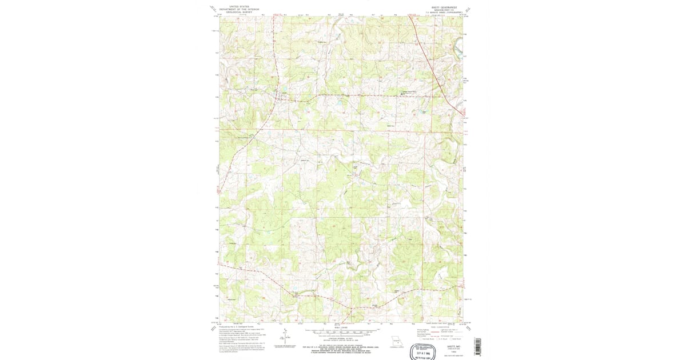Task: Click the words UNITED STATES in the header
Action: point(239,6)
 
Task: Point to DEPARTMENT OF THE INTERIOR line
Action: point(239,9)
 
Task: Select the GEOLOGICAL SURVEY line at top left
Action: point(239,12)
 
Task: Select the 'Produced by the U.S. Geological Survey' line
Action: point(234,327)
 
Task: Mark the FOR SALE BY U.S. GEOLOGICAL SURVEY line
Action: point(342,346)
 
